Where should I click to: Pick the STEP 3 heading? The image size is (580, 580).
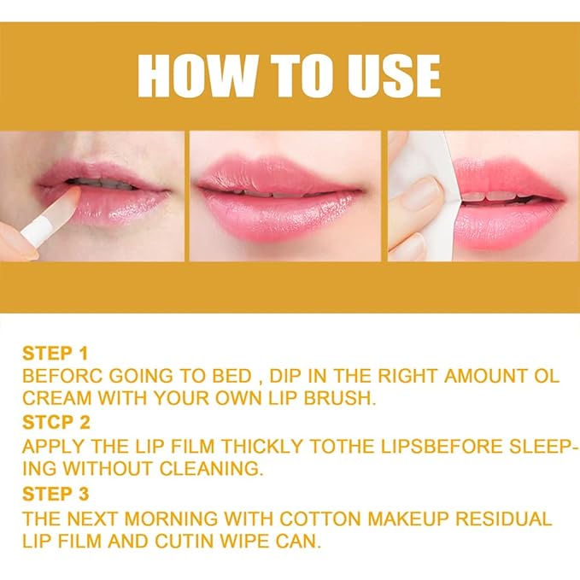[x=55, y=495]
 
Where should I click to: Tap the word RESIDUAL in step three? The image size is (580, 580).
[x=501, y=519]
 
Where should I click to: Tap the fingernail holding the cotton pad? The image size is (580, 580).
[x=420, y=196]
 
